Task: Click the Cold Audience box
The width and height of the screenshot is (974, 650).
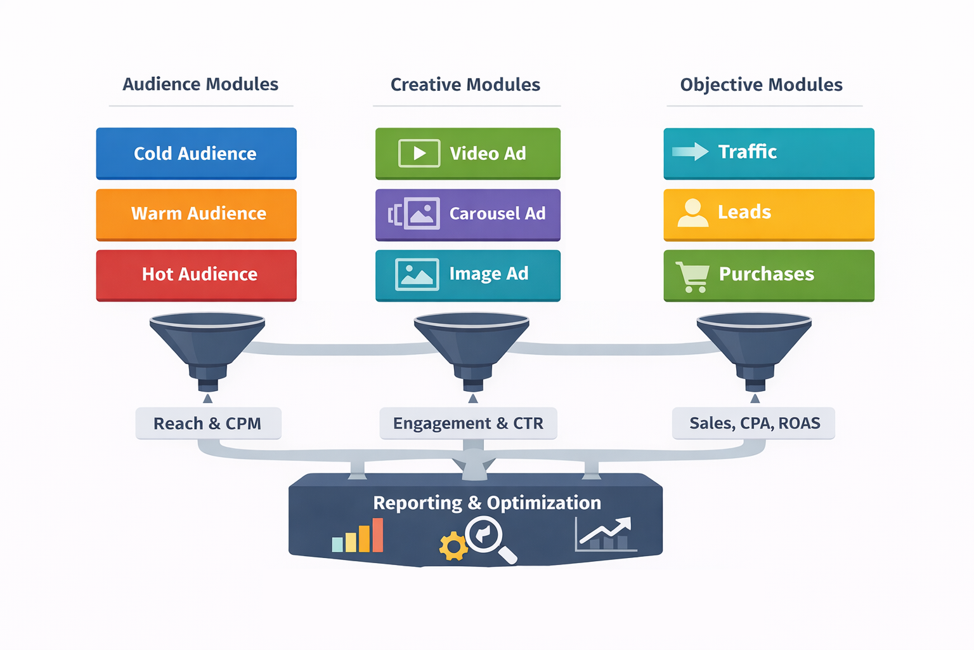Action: point(196,153)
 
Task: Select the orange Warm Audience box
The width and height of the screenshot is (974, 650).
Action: point(196,214)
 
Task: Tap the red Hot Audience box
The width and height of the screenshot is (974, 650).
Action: point(196,274)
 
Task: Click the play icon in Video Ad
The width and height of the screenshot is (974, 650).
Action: point(419,153)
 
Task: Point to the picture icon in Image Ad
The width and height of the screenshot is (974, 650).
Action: point(417,274)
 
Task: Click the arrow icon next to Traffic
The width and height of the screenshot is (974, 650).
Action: point(690,151)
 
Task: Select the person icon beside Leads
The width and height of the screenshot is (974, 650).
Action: point(692,213)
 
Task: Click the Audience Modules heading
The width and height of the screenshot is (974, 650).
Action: point(200,84)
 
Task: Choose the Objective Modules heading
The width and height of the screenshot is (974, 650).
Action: point(761,84)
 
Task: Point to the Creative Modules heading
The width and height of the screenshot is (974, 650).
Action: point(465,84)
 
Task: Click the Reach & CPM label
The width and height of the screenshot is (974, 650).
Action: point(208,423)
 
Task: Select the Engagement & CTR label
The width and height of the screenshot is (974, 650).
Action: point(468,423)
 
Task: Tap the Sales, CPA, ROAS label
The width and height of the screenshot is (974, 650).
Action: point(754,423)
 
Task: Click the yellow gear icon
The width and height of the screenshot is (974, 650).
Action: point(453,547)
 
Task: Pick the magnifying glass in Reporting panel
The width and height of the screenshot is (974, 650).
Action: point(488,538)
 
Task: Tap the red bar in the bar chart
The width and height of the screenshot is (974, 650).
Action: point(378,535)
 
